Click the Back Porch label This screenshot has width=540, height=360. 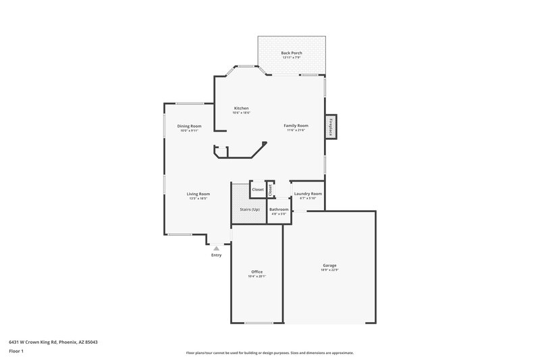(292, 53)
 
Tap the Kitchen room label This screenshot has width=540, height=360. (241, 109)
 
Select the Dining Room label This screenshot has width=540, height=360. (189, 126)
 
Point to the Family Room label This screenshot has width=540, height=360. (296, 126)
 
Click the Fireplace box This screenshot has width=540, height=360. (331, 127)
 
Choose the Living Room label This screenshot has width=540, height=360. (198, 194)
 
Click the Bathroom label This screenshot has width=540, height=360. (279, 209)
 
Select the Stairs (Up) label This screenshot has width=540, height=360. (250, 209)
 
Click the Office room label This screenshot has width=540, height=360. (256, 272)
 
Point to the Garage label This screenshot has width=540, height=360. (329, 265)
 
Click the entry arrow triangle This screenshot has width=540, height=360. (216, 248)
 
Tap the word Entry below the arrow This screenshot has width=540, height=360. (216, 255)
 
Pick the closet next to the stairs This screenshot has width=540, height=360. (258, 190)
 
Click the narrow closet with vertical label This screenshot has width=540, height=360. (270, 190)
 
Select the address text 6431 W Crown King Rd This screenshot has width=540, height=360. (53, 342)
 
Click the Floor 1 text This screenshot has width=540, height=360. (17, 351)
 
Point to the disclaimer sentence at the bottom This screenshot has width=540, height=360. (270, 353)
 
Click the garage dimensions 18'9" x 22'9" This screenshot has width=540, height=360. (329, 270)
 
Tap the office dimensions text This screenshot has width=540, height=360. (256, 276)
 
